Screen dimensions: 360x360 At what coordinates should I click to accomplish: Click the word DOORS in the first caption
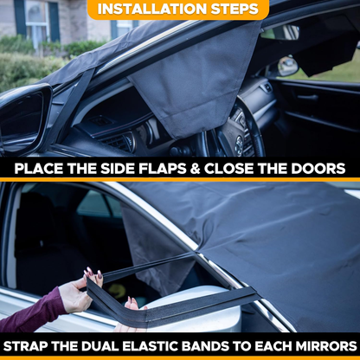coord(316,169)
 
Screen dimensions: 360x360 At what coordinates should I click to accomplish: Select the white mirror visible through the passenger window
coord(287,65)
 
